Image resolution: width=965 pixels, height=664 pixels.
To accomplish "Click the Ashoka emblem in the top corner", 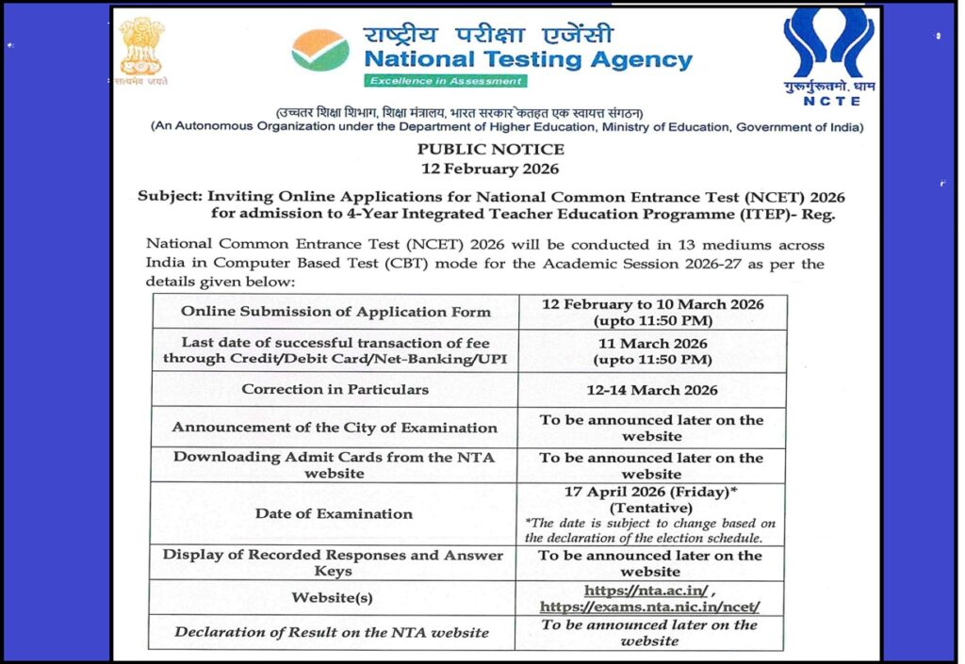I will [x=141, y=49].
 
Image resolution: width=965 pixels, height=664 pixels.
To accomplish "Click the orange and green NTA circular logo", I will [x=320, y=50].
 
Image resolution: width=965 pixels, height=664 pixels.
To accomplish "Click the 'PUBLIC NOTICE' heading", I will [x=490, y=149].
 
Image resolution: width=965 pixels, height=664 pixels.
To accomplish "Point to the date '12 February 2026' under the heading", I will [x=490, y=170].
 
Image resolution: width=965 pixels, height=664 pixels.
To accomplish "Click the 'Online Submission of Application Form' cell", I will [x=335, y=312].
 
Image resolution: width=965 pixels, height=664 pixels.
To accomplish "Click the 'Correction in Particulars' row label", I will [x=335, y=389].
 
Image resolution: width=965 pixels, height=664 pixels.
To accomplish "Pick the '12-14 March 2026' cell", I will [x=651, y=390].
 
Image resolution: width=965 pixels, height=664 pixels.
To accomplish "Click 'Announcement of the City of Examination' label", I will [x=335, y=428].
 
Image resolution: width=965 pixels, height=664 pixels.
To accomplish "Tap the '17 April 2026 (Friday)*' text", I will [x=651, y=492].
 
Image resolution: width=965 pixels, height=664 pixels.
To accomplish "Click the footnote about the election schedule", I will [x=650, y=531].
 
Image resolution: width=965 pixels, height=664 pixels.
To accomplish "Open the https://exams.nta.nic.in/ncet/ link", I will [x=649, y=607].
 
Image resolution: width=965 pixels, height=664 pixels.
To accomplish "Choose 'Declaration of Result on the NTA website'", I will [x=332, y=632].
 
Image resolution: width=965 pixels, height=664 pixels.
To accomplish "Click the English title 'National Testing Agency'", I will [x=528, y=60].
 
